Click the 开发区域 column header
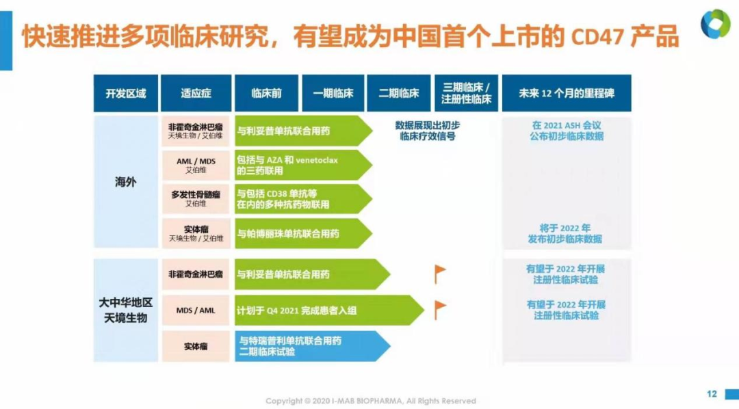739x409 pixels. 126,93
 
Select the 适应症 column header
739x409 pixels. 196,93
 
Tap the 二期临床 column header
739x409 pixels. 399,93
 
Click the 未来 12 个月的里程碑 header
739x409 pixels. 567,93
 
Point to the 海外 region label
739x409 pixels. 125,182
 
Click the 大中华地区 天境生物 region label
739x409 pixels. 125,310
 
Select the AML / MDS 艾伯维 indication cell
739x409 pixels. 196,166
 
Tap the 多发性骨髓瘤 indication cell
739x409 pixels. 196,199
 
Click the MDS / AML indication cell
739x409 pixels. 196,311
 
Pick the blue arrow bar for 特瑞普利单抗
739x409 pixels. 313,346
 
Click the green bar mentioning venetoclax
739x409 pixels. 304,166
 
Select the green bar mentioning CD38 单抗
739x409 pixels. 304,199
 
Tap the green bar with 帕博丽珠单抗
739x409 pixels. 304,233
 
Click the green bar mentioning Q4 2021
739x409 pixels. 329,311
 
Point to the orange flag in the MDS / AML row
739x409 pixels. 440,310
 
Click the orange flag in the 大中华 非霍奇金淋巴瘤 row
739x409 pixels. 440,274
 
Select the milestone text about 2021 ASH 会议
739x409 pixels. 566,131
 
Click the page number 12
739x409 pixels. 712,394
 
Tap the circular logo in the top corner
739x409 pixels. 715,24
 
